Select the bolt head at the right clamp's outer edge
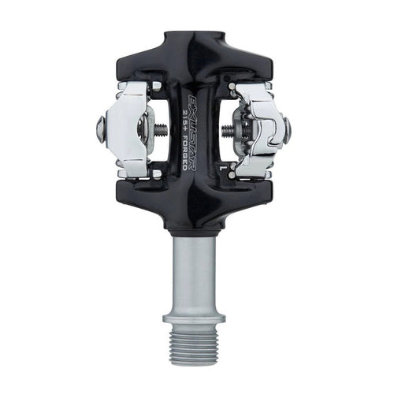click(288, 126)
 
